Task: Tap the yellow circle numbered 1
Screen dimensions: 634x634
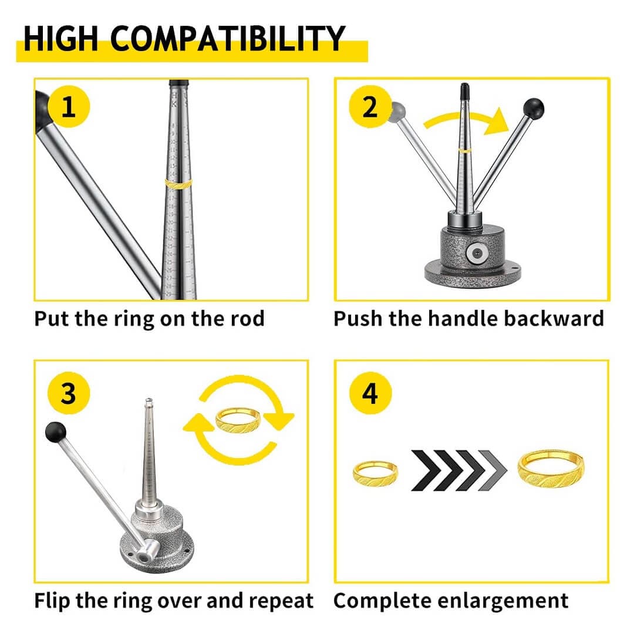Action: [69, 107]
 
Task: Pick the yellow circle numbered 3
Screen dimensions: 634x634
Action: [69, 393]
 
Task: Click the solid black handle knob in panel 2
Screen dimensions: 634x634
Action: [534, 107]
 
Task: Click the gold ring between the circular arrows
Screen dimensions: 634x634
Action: [238, 419]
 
